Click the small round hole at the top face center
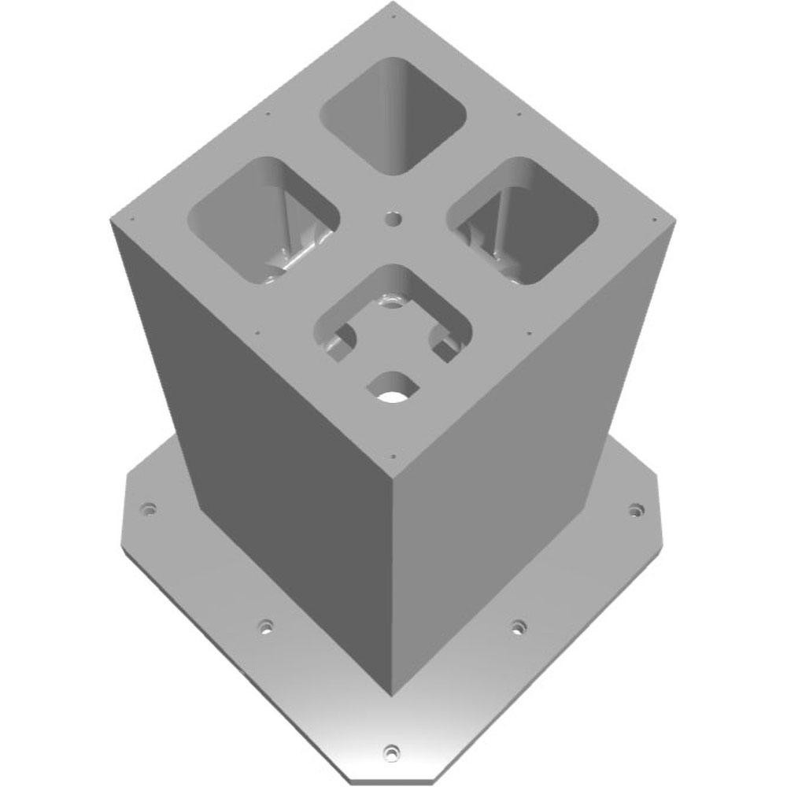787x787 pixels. (392, 218)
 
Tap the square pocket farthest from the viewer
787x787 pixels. (394, 114)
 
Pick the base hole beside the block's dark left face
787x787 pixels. (266, 626)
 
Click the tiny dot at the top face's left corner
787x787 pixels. (131, 218)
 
